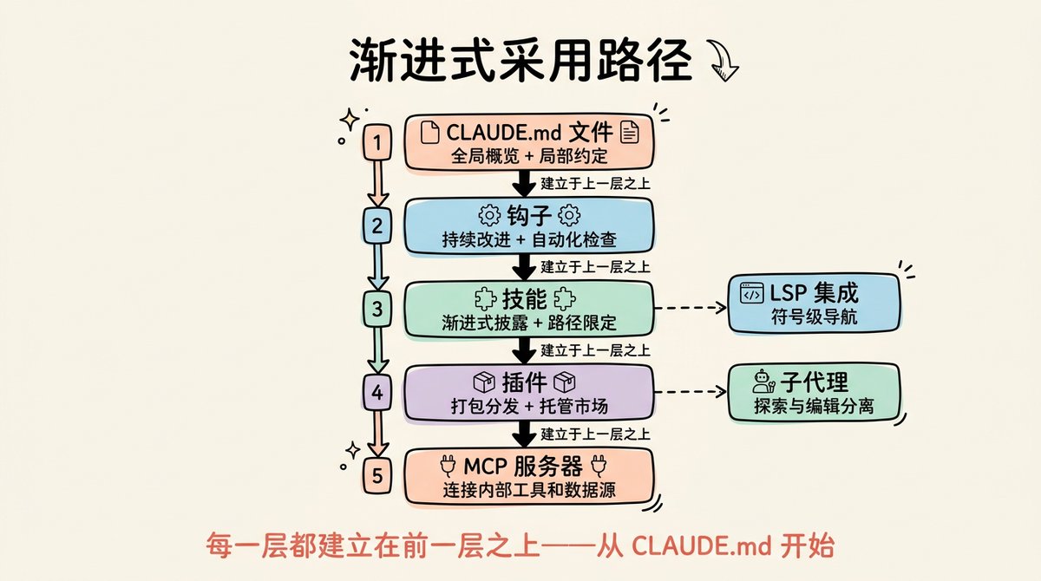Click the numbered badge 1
coord(376,141)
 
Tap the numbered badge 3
coord(376,309)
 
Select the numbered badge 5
coord(376,475)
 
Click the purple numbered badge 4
coord(376,393)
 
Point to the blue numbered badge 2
coord(376,225)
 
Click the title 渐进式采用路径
coord(520,61)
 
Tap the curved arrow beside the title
coord(723,61)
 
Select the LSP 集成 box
coord(814,303)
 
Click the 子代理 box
coord(814,393)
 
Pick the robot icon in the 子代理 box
coord(763,382)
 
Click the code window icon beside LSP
coord(751,293)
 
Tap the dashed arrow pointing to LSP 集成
coord(691,308)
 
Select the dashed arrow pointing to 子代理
coord(691,392)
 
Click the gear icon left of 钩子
coord(490,216)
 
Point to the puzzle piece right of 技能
coord(564,298)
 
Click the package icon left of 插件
coord(484,382)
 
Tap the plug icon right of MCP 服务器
coord(598,466)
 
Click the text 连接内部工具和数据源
coord(529,490)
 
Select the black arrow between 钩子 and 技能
coord(524,267)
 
